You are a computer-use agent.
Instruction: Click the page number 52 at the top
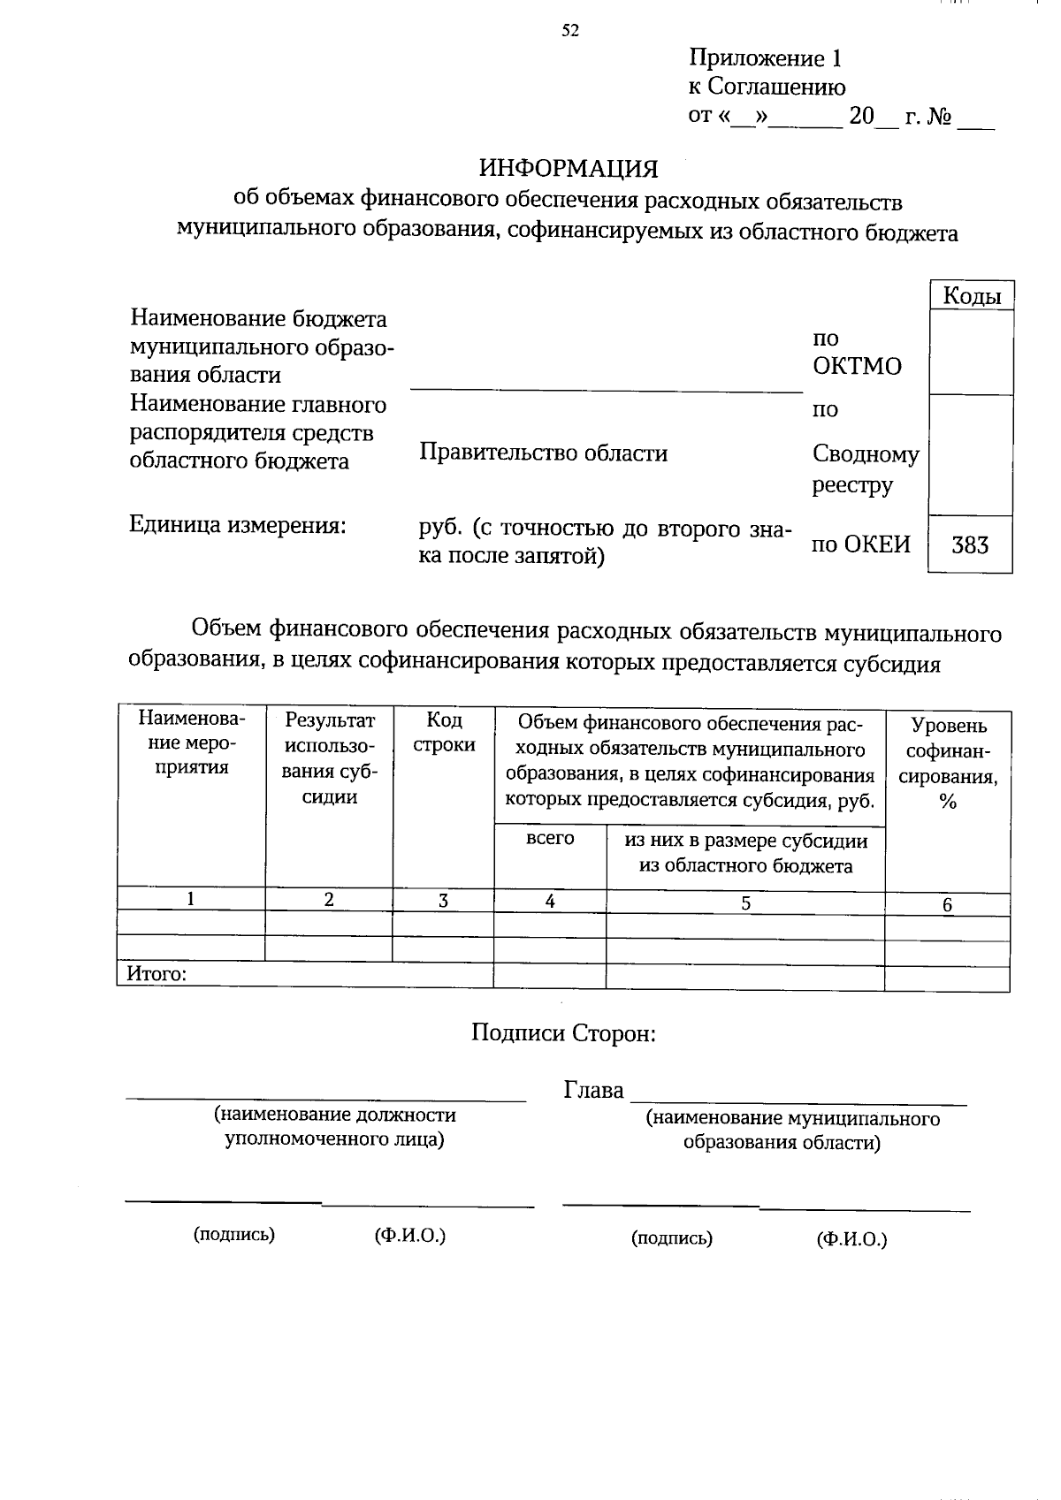point(570,31)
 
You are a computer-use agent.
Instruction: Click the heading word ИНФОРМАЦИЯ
point(569,168)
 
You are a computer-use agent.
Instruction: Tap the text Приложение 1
point(765,59)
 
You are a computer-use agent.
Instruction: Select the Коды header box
point(971,296)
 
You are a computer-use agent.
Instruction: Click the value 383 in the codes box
point(969,545)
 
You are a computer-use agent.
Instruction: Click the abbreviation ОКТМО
point(857,366)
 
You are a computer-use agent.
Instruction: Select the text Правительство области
point(543,453)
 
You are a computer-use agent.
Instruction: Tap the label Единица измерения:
point(236,525)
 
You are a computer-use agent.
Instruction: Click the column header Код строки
point(443,732)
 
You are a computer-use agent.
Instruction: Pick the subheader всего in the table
point(550,838)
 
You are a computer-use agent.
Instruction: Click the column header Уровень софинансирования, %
point(948,763)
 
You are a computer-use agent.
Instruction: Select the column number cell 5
point(745,902)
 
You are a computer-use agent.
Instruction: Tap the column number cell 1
point(190,899)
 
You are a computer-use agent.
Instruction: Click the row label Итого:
point(156,974)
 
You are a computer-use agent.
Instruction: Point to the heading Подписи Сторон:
point(563,1032)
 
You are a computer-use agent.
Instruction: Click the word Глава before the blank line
point(593,1091)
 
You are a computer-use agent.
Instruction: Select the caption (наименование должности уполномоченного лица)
point(334,1127)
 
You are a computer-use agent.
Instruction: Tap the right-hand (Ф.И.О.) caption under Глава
point(851,1239)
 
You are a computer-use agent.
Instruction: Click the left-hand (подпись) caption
point(234,1235)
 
